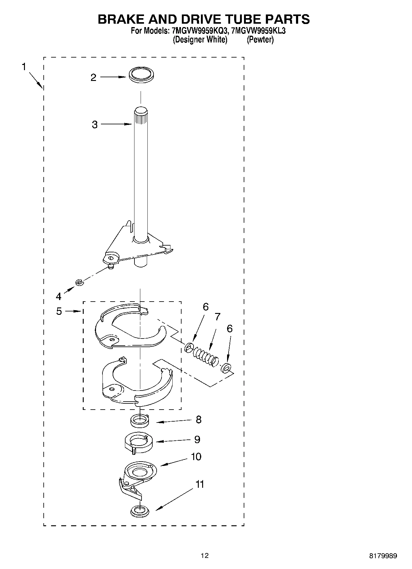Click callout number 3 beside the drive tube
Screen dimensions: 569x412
95,125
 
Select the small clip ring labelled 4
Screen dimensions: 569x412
79,282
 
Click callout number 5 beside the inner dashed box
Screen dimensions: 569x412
59,311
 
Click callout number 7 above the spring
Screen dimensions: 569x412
218,317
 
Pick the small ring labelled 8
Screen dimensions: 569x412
140,420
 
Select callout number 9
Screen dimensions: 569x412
197,439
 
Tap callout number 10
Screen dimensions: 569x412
196,457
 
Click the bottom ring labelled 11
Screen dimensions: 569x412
139,511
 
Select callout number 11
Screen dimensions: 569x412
200,484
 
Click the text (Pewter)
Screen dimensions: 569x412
260,40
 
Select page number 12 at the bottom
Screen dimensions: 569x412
205,555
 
